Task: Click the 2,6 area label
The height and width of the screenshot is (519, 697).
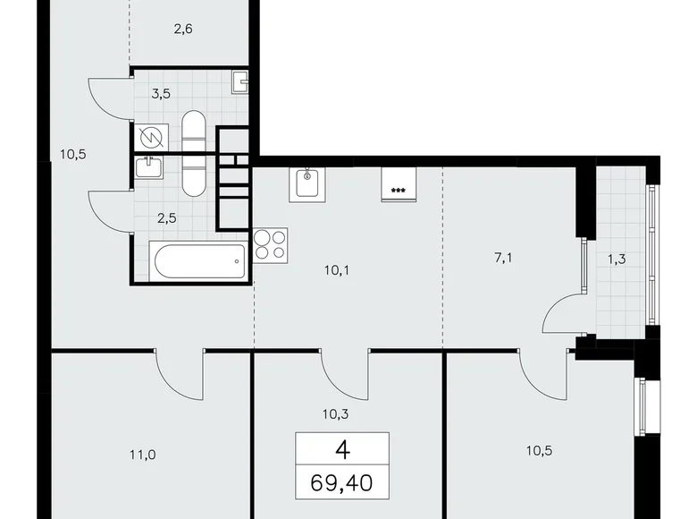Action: pos(183,30)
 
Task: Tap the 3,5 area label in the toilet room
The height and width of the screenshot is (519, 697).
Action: pos(161,94)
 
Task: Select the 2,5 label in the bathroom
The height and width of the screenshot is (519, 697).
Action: pos(167,218)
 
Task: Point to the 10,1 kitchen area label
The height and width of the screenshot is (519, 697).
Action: pos(337,269)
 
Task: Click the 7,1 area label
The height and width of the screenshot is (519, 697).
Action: pos(504,258)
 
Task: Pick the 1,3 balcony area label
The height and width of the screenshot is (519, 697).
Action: pos(617,259)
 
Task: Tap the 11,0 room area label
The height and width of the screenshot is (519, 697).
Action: pos(143,455)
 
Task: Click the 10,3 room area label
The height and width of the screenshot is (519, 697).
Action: pos(336,414)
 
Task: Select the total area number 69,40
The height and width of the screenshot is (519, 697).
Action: pos(341,483)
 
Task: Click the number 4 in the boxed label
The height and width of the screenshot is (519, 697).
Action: pos(343,450)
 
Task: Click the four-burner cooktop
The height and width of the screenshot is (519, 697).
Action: pos(270,245)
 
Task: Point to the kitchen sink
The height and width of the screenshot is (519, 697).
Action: pos(307,184)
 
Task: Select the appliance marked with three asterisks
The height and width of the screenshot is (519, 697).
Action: pos(399,184)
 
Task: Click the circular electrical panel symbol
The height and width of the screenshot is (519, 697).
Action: pos(151,138)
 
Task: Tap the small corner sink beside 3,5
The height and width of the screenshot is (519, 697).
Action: pos(240,82)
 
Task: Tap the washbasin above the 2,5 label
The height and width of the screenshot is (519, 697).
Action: pos(149,167)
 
